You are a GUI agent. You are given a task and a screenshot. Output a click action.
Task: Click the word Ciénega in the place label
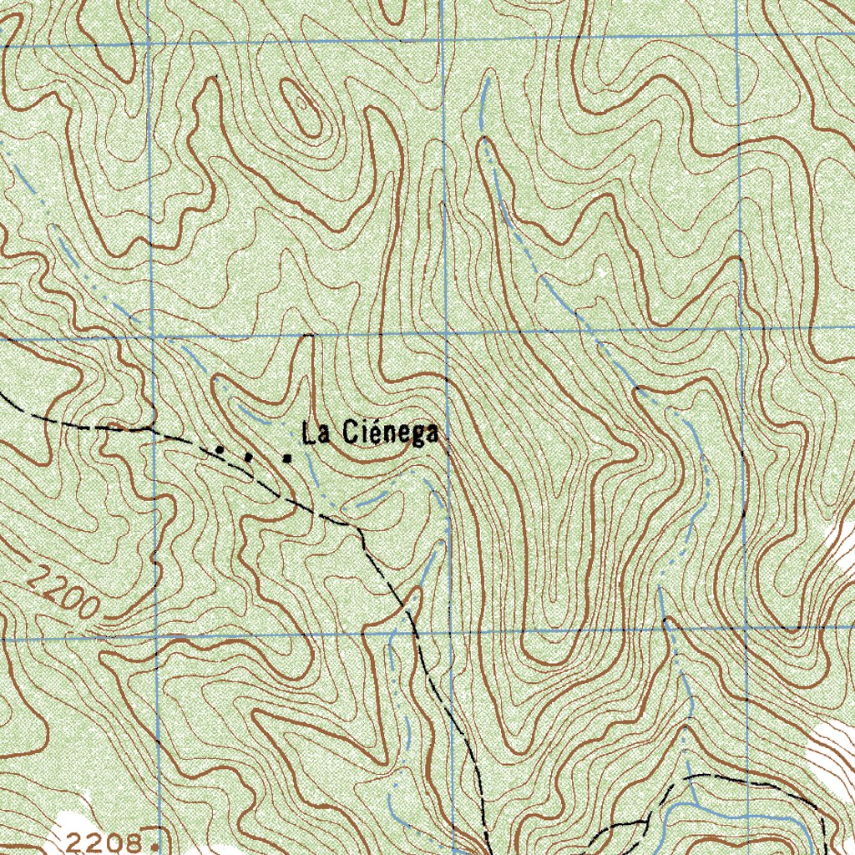(x=392, y=433)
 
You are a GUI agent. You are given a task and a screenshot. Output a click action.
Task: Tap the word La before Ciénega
(x=316, y=433)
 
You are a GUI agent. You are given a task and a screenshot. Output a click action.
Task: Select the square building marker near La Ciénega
(x=287, y=458)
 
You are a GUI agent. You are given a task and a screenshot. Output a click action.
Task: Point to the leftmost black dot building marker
(x=220, y=449)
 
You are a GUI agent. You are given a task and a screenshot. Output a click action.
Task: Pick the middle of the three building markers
(x=248, y=456)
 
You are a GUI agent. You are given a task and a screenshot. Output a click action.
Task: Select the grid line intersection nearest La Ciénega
(x=447, y=332)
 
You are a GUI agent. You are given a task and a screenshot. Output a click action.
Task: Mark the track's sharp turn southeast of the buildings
(x=360, y=528)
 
